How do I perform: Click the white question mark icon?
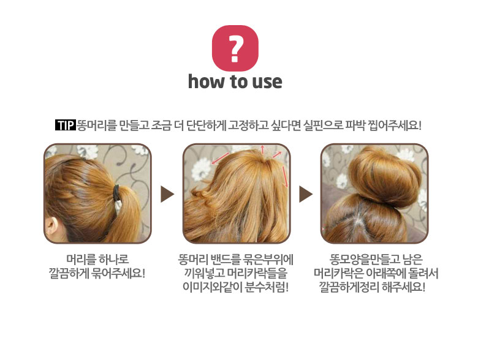pos(235,48)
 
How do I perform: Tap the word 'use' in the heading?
pos(267,82)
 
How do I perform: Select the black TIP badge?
pos(65,125)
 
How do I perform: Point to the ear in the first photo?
pos(51,227)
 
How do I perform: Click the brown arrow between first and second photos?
pos(167,194)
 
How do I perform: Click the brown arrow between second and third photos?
pos(306,194)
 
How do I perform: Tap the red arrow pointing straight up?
pos(262,149)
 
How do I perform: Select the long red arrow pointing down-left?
pos(220,159)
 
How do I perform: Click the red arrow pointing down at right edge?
pos(285,177)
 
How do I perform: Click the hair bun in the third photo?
pos(385,177)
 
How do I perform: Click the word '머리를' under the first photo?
pos(78,260)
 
